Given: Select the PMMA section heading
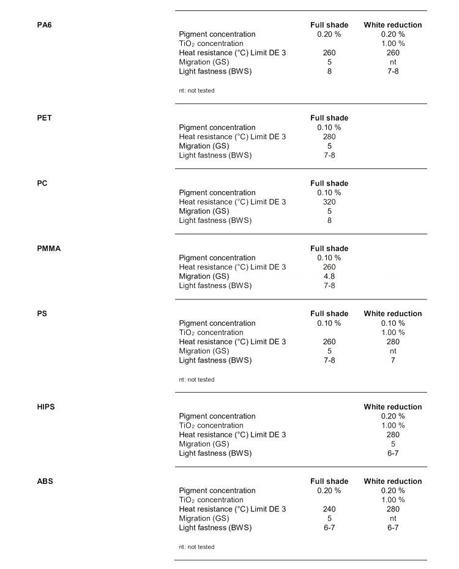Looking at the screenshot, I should pos(49,249).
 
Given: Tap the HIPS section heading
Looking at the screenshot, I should pos(45,407).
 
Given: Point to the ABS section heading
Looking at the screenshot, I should pos(45,481).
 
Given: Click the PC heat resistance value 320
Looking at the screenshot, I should pos(329,202).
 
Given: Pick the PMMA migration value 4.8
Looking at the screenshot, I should pos(329,276).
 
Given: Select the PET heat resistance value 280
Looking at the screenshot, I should pos(329,137).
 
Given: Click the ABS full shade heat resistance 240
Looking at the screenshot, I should pos(329,509).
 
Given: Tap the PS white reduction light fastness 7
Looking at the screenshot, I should pos(393,360).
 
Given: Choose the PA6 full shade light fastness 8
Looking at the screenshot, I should pos(329,71).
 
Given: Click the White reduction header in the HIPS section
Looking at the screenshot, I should pos(393,407).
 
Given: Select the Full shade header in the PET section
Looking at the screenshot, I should pos(329,118).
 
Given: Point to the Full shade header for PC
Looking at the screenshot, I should pos(329,184).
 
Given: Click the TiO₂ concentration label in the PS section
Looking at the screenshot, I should pos(211,333).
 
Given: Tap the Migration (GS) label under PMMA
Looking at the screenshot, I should pos(204,276).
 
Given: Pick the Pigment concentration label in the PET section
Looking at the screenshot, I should pos(217,128).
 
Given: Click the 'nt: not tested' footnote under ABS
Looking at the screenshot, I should pos(196,547).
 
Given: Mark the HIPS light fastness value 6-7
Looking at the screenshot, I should pos(393,453).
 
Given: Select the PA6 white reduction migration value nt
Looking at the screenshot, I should pos(393,62).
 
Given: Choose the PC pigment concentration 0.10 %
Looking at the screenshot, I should pos(329,193).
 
